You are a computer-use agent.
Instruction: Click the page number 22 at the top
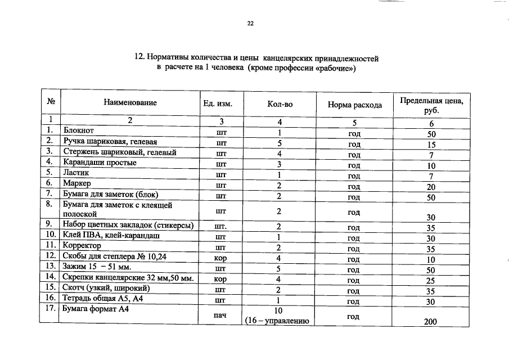point(250,24)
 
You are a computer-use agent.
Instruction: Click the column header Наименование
point(130,102)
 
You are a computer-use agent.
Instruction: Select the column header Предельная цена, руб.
point(431,105)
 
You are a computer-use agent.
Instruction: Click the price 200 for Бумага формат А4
point(431,322)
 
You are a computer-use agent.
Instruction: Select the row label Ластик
point(76,173)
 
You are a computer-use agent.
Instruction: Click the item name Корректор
point(82,246)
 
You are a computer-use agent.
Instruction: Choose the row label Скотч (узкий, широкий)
point(106,288)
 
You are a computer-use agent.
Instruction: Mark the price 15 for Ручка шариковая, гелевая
point(431,145)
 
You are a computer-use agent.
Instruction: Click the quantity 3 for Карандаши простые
point(278,165)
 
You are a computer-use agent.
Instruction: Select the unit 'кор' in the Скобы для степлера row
point(220,259)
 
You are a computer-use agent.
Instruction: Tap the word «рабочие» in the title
point(331,68)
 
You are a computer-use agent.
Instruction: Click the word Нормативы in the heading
point(171,57)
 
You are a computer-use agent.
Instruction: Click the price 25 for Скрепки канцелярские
point(431,280)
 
